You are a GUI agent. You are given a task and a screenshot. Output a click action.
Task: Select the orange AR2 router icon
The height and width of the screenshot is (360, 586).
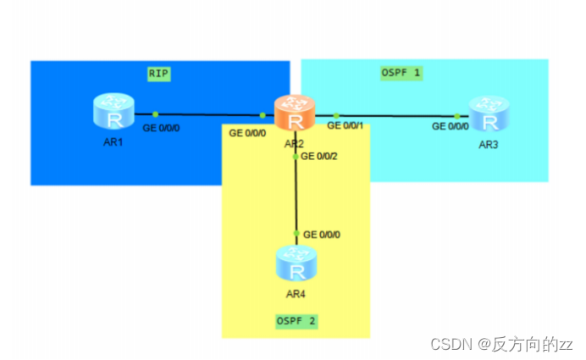pos(295,114)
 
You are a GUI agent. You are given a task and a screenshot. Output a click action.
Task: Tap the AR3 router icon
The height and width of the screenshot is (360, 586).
pos(489,114)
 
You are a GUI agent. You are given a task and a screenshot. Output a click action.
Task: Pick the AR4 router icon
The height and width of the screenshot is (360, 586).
pos(296,264)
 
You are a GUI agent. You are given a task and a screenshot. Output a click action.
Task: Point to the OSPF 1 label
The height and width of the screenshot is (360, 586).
pos(401,73)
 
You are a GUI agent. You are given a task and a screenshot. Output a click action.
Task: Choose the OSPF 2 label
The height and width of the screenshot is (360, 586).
pos(296,321)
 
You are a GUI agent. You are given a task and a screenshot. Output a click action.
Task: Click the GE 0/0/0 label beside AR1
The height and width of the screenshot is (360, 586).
pos(162,128)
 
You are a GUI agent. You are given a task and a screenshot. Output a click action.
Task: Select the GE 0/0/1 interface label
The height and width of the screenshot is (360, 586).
pos(346,126)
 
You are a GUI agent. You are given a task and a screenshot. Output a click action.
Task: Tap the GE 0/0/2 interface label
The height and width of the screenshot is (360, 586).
pos(320,157)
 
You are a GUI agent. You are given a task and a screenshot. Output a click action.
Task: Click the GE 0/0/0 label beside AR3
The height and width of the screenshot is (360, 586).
pos(451,126)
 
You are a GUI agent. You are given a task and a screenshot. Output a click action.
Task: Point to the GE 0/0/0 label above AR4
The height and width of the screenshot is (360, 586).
pos(323,234)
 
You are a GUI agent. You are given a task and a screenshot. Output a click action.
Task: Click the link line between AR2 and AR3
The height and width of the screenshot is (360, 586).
pos(398,115)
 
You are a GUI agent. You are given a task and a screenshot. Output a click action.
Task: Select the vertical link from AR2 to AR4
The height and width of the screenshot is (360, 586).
pos(296,195)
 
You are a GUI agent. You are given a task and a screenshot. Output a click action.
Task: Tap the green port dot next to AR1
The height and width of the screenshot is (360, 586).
pos(156,114)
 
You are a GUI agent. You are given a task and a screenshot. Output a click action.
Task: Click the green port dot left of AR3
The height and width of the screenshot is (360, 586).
pos(456,115)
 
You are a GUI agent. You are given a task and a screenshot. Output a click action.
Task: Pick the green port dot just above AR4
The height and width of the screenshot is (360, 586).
pos(296,234)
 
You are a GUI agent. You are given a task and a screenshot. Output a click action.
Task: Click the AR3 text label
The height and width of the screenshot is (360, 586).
pos(489,145)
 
